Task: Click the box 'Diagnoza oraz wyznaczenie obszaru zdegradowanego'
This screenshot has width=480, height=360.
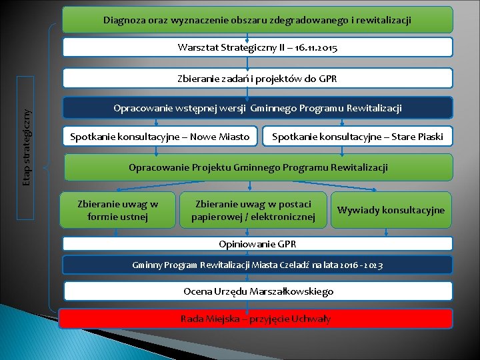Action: point(257,20)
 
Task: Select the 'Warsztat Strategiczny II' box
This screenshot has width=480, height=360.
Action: point(257,47)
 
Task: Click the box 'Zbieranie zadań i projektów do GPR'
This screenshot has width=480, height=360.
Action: point(257,79)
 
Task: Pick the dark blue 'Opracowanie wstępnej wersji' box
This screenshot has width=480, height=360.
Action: point(257,108)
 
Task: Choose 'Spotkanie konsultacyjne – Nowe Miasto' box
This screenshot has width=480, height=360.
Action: point(160,137)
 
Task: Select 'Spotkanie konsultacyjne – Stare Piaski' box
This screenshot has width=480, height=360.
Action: point(357,137)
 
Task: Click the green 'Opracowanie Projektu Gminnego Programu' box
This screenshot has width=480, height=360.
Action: point(257,167)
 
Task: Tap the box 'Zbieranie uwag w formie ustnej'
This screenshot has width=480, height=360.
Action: point(118,210)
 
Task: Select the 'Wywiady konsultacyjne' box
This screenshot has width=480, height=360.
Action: point(391,210)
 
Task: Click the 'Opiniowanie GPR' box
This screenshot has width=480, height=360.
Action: point(257,243)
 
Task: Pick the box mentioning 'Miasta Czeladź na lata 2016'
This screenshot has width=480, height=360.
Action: point(257,265)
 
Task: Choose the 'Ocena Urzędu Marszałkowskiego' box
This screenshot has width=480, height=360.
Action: point(257,291)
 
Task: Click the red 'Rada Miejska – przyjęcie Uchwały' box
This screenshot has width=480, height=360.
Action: point(255,319)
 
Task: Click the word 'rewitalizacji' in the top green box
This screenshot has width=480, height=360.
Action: point(383,21)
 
